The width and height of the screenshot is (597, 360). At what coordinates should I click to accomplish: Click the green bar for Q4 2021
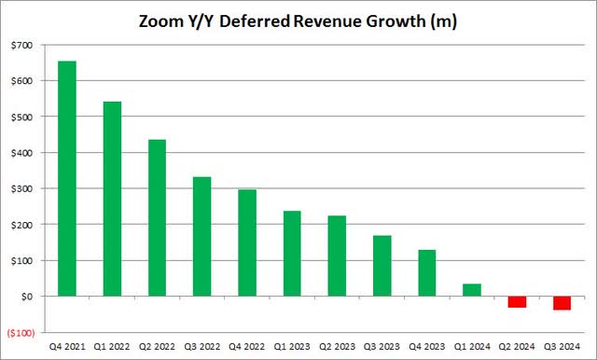coord(67,178)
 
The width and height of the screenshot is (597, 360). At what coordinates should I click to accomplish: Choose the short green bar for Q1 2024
coord(472,290)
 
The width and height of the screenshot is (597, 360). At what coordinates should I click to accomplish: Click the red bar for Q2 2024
coord(517,301)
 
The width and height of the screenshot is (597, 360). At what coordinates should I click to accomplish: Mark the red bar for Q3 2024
coord(562,303)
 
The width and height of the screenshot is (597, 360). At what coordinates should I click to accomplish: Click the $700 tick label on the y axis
coord(21,45)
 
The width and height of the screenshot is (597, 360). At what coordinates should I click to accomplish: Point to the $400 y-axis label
coord(21,153)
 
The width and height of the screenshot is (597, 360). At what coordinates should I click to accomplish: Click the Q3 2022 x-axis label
coord(201,347)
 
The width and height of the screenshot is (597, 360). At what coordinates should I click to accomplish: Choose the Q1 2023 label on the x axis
coord(292,347)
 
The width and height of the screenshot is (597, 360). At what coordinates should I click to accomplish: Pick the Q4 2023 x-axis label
coord(427,347)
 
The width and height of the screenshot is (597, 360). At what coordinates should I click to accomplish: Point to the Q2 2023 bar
coord(337,256)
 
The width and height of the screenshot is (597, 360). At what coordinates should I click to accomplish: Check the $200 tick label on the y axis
coord(21,225)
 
